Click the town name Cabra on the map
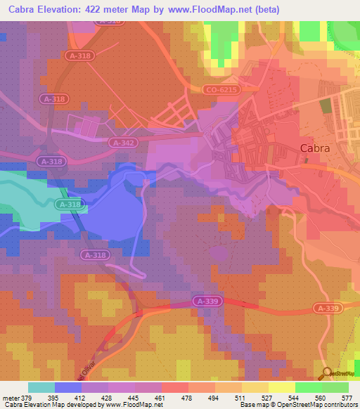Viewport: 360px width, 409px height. (x=314, y=148)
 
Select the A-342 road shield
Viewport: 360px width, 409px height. (x=122, y=142)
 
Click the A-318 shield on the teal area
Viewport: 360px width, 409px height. (x=70, y=204)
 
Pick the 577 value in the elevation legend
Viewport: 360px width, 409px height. (x=347, y=398)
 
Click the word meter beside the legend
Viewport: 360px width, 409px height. (x=12, y=398)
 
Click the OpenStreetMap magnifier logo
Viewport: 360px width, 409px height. (x=326, y=372)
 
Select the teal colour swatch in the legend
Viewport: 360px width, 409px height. (x=41, y=387)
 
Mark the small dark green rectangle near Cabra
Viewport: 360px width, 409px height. (x=325, y=107)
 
